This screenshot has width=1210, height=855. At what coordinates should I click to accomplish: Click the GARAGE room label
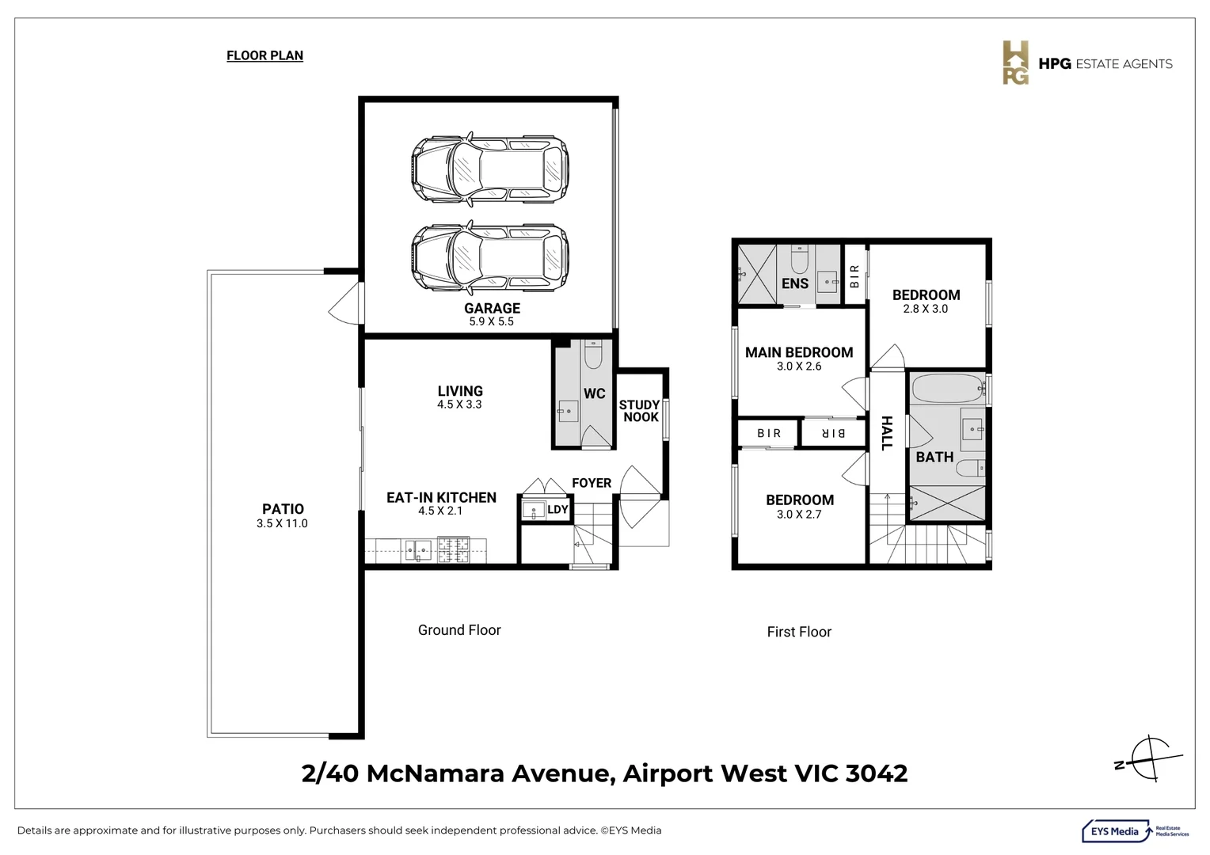coord(492,309)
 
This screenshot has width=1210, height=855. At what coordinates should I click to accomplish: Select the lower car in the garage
coord(490,256)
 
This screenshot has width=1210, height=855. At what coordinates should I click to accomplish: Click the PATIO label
coord(283,509)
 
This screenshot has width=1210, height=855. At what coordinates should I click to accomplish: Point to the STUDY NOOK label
coord(640,411)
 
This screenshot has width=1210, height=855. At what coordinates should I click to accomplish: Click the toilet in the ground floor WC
coord(593,355)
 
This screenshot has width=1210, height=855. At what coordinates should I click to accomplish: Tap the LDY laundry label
coord(557,509)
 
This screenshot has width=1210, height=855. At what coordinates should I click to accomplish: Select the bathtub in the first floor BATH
coord(946,389)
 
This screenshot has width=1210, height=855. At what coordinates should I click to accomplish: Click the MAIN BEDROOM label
coord(799,352)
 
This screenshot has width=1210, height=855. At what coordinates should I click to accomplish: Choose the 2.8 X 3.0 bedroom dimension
coord(925,309)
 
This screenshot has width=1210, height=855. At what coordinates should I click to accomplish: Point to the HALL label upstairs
coord(887,433)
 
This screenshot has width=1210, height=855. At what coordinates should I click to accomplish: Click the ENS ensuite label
coord(795,283)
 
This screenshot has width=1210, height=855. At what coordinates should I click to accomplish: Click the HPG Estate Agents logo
coord(1087,63)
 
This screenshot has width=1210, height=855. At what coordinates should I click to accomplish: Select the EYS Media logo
coord(1135,830)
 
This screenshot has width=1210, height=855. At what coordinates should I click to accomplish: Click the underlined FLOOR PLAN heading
coord(264,55)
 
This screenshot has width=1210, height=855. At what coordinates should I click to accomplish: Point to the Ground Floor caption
coord(459,630)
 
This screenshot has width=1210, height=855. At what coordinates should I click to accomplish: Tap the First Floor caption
coord(799,632)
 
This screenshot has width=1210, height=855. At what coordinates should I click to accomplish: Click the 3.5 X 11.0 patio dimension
coord(282,523)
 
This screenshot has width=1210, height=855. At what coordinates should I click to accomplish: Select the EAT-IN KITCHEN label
coord(441,497)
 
